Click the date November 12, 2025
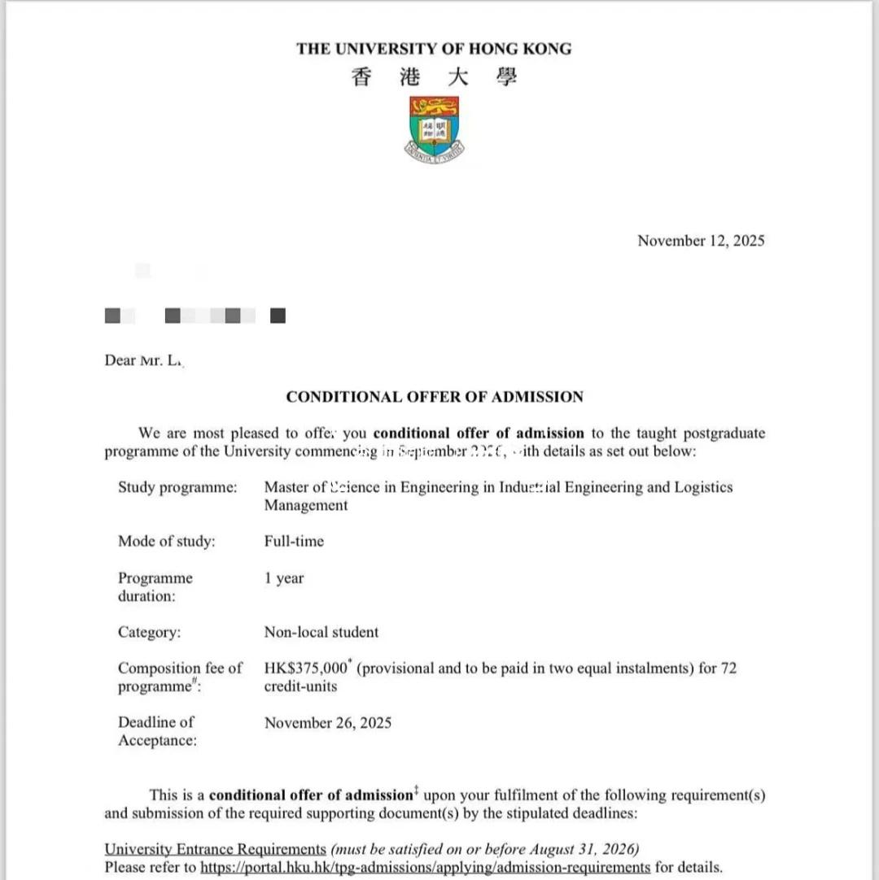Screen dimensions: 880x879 [x=701, y=241]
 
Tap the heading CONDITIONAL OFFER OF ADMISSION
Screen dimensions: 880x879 [x=435, y=397]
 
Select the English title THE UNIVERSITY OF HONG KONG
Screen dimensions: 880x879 [x=434, y=49]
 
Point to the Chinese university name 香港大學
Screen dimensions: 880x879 [x=434, y=78]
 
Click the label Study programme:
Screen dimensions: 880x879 [x=177, y=487]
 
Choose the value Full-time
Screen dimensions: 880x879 [x=294, y=541]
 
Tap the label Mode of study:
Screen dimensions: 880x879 [x=167, y=541]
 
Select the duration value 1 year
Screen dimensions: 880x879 [x=284, y=578]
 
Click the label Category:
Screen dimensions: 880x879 [x=150, y=632]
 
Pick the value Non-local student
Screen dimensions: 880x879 [x=321, y=632]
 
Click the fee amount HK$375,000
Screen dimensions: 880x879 [x=305, y=669]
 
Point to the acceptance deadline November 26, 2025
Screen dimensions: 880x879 [x=328, y=722]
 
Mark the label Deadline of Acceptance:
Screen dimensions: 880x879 [x=158, y=731]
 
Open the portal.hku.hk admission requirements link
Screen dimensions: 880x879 [x=425, y=867]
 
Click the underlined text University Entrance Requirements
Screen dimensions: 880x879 [x=215, y=850]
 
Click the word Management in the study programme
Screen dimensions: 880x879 [x=306, y=505]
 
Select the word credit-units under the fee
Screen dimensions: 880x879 [x=301, y=686]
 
